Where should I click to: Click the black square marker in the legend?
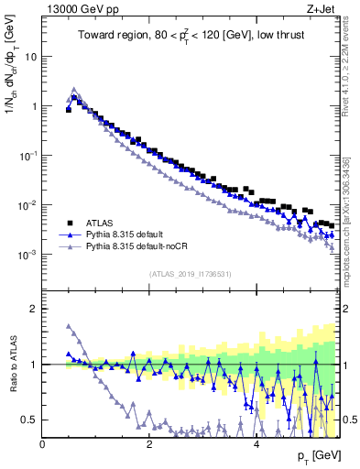pos(68,223)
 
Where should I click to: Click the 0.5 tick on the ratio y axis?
pos(30,420)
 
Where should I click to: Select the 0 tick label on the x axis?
pos(43,443)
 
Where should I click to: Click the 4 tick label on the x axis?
pos(256,443)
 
